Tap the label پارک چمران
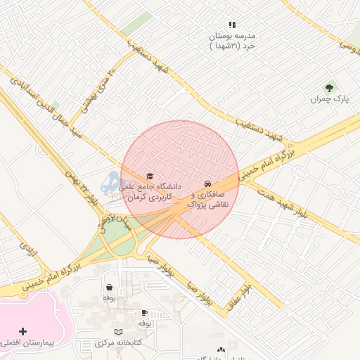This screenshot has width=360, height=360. coord(330,99)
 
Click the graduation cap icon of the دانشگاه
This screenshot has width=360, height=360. coord(149,176)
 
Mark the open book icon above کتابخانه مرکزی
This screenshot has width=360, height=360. coord(118,331)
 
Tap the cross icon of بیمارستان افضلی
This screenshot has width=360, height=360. coord(23,330)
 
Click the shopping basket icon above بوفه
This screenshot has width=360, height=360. coord(109,287)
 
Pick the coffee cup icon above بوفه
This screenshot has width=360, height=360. coord(145,312)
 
